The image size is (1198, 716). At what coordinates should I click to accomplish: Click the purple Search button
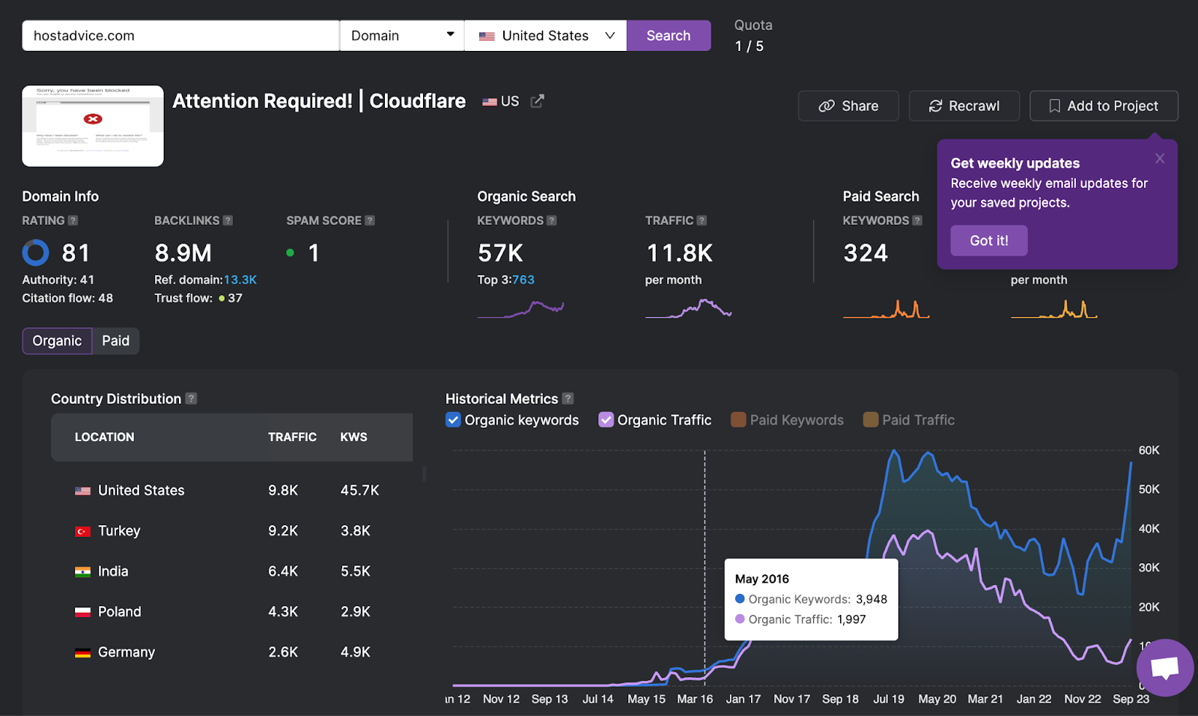point(668,36)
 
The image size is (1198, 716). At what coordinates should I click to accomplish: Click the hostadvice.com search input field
point(180,36)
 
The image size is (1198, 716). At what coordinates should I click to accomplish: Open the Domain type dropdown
point(402,36)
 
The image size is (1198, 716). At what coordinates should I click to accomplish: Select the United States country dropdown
point(545,36)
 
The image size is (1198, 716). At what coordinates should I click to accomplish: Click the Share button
point(848,106)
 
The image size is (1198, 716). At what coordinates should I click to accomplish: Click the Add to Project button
point(1104,106)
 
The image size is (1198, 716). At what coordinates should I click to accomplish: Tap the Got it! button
point(988,240)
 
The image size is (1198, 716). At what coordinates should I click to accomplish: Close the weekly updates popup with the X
point(1160,158)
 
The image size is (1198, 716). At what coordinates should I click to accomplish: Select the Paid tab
point(115,341)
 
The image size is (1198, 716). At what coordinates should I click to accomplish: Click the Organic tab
point(57,341)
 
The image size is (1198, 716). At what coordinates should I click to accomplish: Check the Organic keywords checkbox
point(453,420)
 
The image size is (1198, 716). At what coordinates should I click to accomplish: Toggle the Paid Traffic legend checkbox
point(870,420)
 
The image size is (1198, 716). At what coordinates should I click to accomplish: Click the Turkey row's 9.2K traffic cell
point(283,531)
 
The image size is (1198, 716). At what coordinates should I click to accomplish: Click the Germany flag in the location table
point(82,652)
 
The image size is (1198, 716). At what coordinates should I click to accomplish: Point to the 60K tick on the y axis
point(1149,450)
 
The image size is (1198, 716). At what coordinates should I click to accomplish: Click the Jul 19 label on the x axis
point(889,699)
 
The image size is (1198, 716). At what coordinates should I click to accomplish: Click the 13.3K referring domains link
point(240,280)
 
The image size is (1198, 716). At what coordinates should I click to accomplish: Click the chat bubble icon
point(1164,667)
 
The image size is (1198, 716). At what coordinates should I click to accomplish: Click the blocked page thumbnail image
point(93,126)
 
